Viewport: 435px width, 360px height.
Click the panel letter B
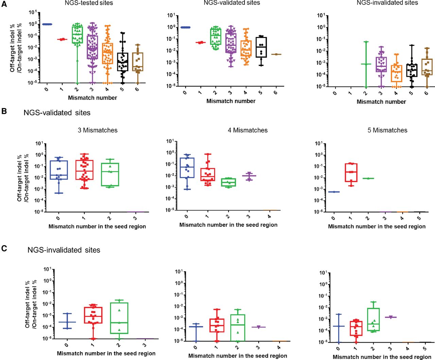(4, 111)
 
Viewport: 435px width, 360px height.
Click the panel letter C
(4, 248)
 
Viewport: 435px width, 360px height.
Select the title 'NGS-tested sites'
(89, 3)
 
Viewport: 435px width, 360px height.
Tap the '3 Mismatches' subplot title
(98, 130)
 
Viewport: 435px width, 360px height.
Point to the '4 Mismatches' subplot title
(248, 130)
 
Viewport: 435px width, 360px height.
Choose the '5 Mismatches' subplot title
(387, 130)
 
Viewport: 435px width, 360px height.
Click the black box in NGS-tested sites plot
(122, 62)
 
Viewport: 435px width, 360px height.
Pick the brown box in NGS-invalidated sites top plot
(427, 67)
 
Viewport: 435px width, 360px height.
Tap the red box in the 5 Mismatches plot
(351, 172)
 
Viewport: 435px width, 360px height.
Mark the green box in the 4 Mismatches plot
(228, 182)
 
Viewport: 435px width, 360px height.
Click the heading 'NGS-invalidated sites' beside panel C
(64, 250)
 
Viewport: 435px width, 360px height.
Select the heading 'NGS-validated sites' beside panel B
(57, 113)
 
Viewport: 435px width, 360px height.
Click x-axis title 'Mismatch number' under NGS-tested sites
(92, 98)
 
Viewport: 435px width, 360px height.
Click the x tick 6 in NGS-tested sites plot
(137, 89)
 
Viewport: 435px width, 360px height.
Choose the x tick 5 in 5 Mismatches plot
(419, 218)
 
